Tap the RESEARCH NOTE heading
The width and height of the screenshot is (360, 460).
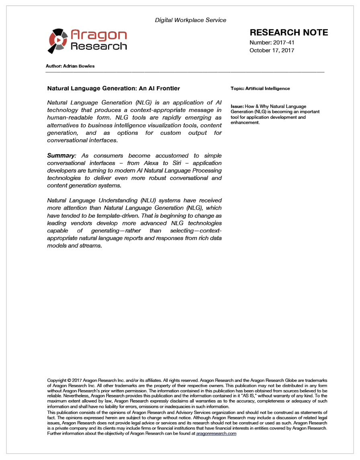pos(289,33)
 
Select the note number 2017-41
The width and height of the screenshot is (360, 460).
pos(284,42)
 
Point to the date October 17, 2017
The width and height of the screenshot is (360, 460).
pos(272,51)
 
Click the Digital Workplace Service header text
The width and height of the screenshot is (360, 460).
pos(190,20)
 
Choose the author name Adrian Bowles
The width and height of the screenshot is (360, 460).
pos(79,66)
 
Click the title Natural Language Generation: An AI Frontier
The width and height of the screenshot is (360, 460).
pos(114,88)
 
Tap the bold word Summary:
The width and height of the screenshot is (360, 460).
pos(61,155)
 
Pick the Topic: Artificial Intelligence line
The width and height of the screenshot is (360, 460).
pos(260,88)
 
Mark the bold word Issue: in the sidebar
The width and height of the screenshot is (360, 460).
pos(237,106)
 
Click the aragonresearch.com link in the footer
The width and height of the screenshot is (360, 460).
pos(216,434)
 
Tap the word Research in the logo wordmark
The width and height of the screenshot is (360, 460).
pos(98,46)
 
